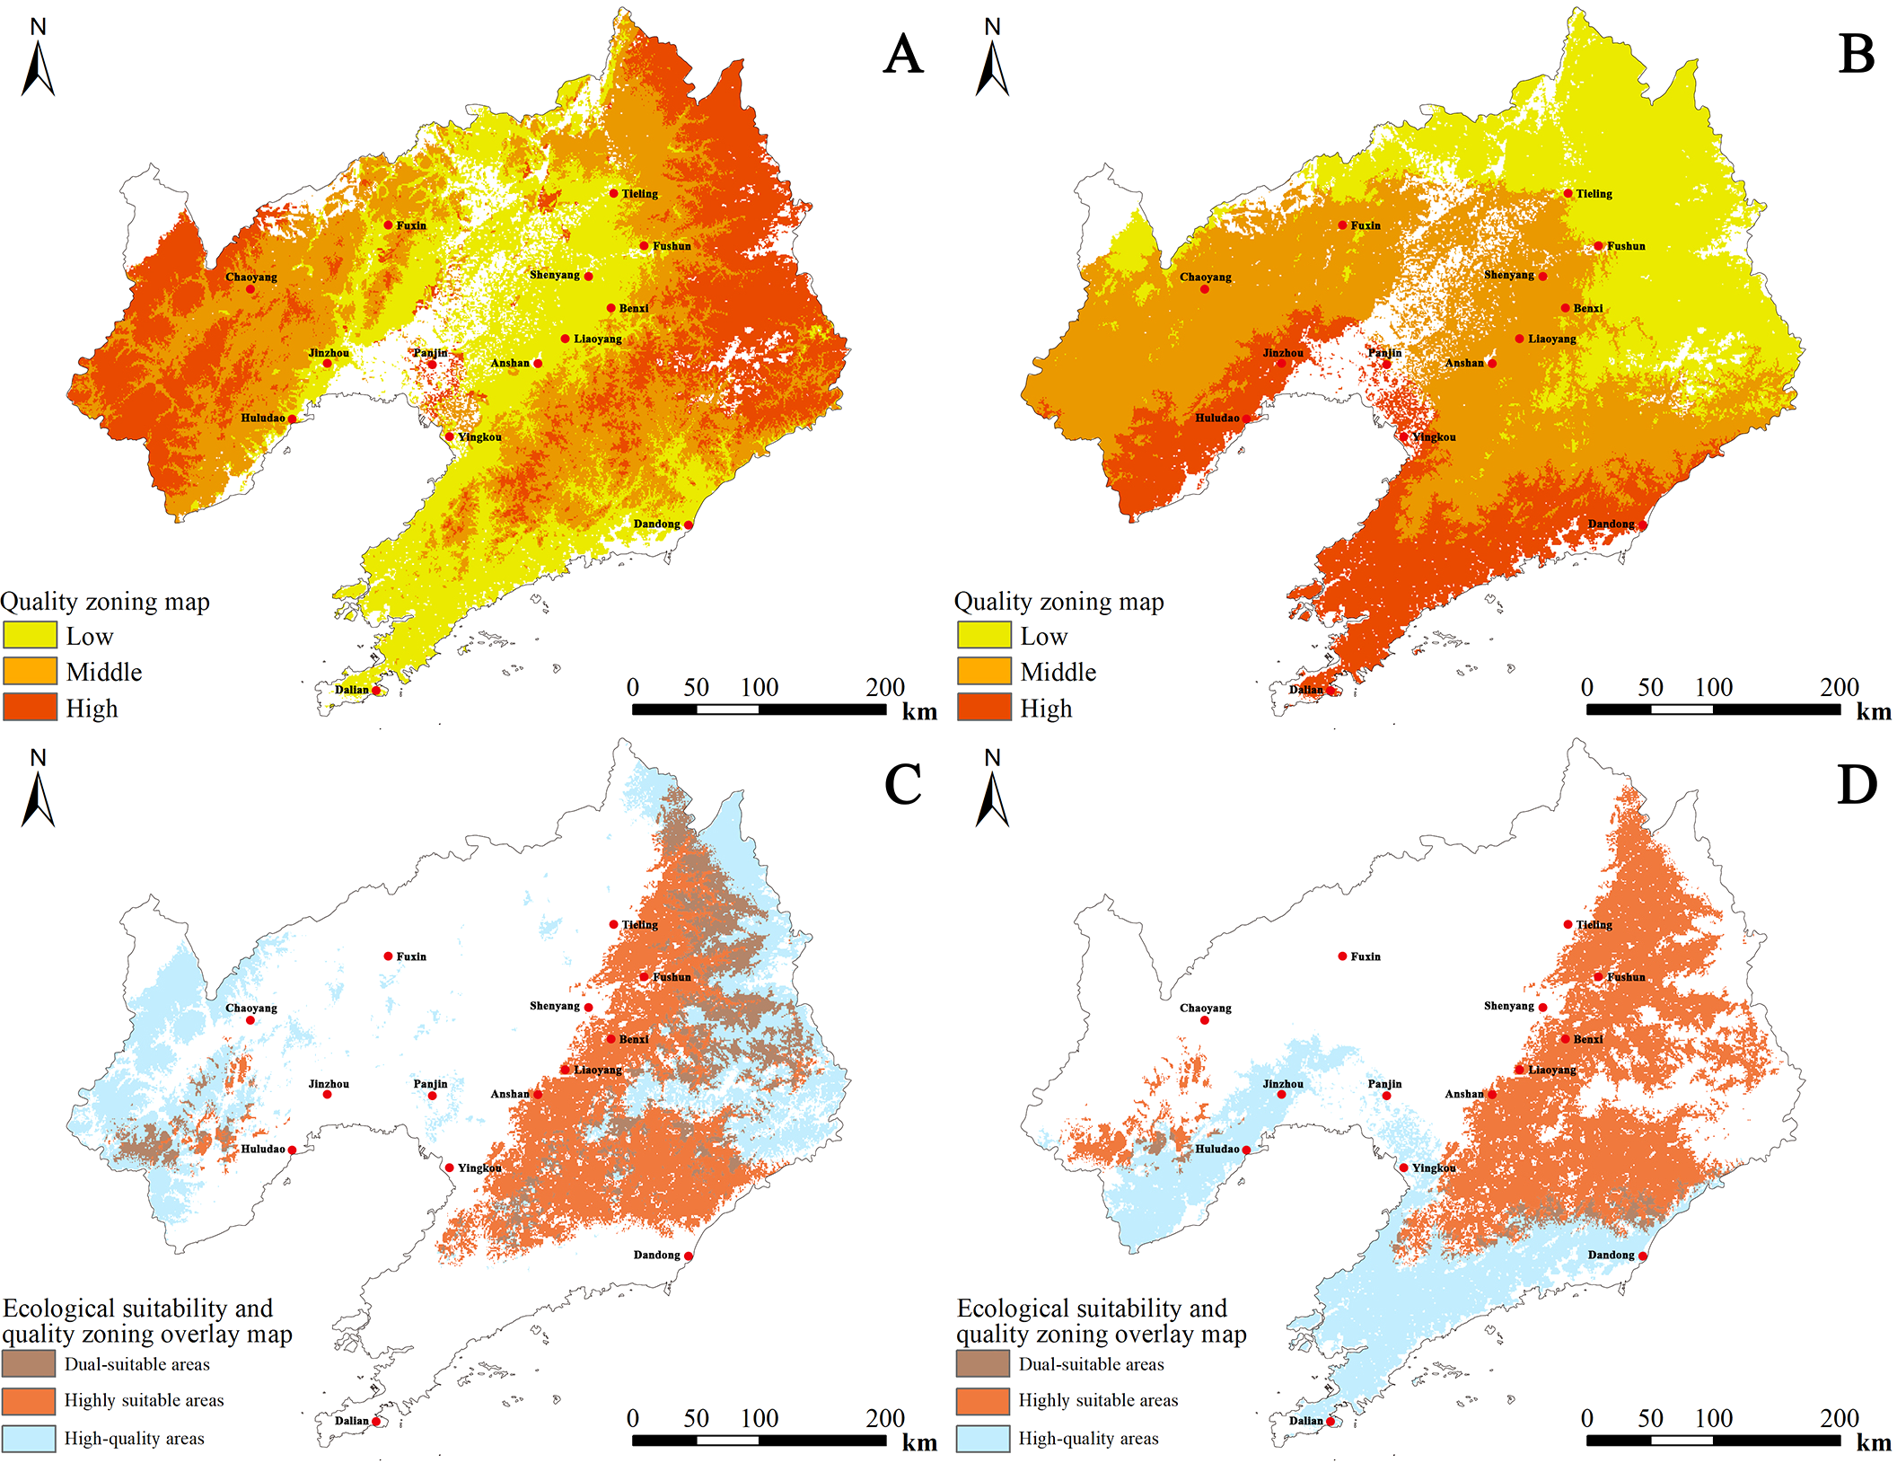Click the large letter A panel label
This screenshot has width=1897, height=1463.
click(x=902, y=54)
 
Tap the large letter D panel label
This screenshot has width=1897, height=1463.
click(x=1856, y=785)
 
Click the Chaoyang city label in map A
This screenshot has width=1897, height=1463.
click(x=250, y=277)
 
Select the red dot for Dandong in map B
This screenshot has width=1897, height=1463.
click(x=1643, y=525)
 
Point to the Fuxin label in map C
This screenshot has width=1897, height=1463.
click(x=411, y=956)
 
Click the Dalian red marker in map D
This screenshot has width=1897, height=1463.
click(x=1331, y=1422)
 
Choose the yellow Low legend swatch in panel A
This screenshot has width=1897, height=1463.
click(x=30, y=635)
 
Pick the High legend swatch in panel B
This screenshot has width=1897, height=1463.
click(x=984, y=708)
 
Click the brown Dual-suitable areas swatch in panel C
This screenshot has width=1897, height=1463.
click(x=30, y=1363)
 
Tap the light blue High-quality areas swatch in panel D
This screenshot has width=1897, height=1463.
click(x=984, y=1439)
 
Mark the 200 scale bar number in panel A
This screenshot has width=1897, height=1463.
click(x=884, y=688)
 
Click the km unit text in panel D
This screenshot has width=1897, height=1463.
click(x=1873, y=1443)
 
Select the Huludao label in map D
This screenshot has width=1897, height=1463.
click(x=1216, y=1149)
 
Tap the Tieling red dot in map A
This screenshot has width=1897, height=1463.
click(x=614, y=193)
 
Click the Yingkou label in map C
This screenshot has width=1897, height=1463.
click(x=479, y=1168)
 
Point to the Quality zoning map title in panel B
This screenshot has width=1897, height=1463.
click(x=1058, y=602)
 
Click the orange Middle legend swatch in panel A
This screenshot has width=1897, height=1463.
click(x=30, y=671)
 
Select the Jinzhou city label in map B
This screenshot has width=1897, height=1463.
click(x=1283, y=353)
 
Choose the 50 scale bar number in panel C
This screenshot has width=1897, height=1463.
click(x=696, y=1419)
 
